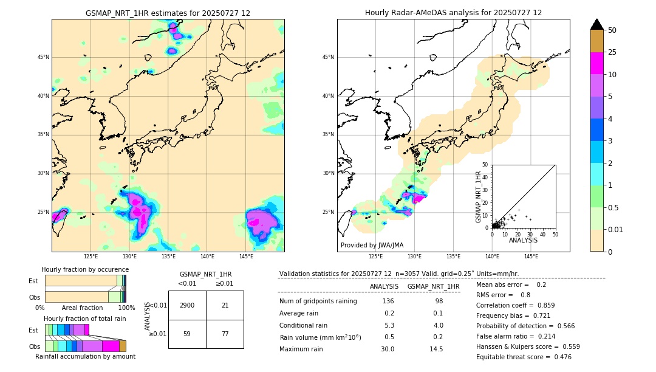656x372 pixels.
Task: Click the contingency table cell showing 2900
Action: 187,305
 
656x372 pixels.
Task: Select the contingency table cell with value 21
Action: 225,305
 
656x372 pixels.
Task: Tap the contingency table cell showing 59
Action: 187,333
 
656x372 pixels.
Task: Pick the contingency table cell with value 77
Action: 225,333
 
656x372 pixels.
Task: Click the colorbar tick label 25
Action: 612,53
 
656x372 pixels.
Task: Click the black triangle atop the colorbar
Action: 596,24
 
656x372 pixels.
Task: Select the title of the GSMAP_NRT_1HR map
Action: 168,13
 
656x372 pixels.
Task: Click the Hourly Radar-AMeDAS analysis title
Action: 453,13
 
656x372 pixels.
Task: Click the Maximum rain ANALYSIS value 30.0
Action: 388,349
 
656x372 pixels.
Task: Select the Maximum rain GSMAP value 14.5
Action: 436,349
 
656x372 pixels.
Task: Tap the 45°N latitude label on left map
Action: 43,57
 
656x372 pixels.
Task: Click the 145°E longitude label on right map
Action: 531,257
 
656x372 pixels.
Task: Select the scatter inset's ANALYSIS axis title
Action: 523,240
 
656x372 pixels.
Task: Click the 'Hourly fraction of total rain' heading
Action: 85,319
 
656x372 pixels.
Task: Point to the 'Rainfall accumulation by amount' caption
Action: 85,356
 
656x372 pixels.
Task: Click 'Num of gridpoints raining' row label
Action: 318,301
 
